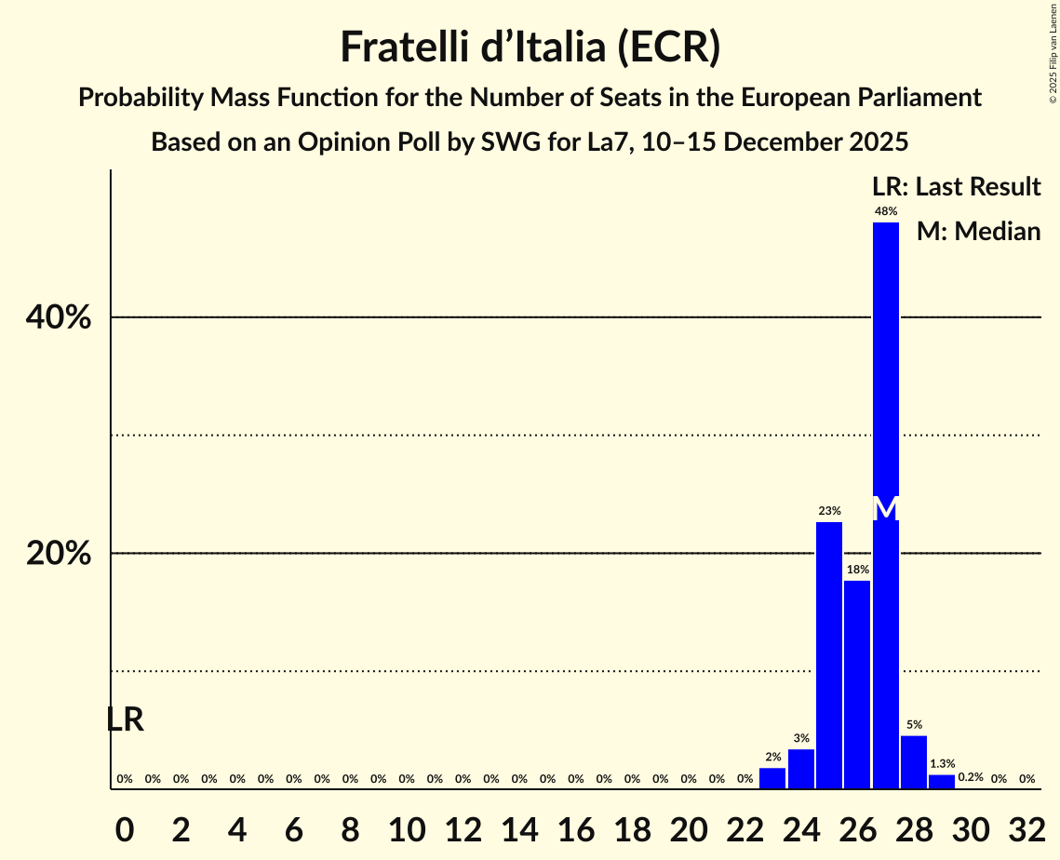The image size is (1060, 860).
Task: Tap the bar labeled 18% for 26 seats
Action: click(x=857, y=684)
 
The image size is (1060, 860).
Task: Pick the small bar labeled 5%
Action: click(x=914, y=762)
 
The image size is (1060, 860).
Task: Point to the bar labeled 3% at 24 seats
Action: click(x=801, y=769)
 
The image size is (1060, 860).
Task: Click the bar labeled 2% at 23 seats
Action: click(x=772, y=778)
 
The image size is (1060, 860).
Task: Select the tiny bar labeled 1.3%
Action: click(x=942, y=782)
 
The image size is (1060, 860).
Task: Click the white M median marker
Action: click(x=886, y=509)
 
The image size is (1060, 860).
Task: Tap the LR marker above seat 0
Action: click(x=125, y=719)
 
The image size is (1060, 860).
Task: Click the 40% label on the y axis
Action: click(x=59, y=317)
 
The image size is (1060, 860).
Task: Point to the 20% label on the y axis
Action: click(x=59, y=554)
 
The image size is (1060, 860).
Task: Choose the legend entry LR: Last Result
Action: click(x=956, y=187)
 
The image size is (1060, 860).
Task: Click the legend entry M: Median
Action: click(x=978, y=232)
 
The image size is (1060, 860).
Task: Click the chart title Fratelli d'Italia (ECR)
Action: click(x=530, y=47)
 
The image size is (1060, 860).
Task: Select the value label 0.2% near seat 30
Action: click(x=971, y=777)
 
